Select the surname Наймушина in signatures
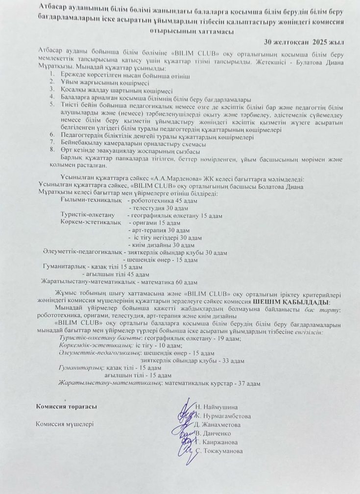click(220, 407)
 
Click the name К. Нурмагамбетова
click(223, 416)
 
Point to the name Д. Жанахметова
click(217, 424)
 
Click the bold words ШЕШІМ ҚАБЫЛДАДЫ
click(292, 301)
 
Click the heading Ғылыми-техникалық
click(84, 201)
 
